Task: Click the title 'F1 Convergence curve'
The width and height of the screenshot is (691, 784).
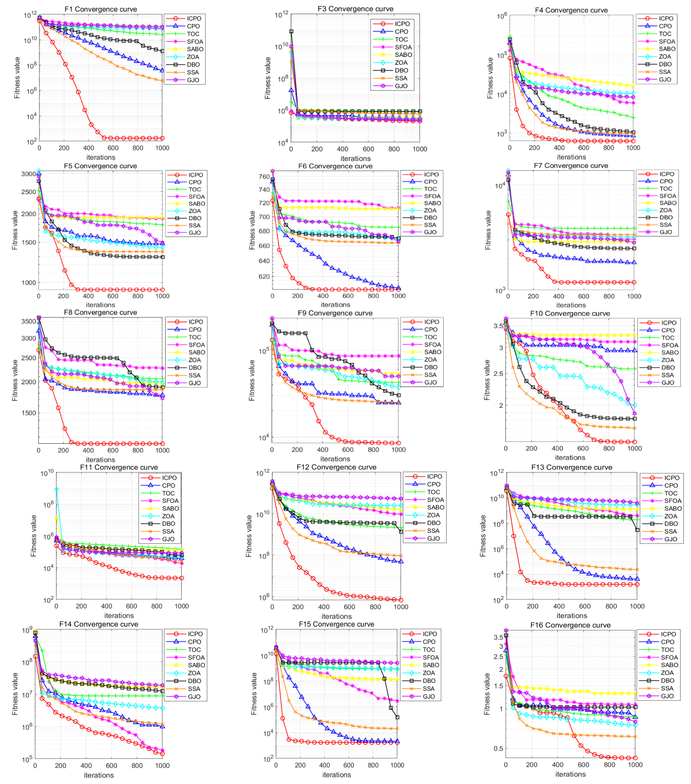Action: (x=100, y=9)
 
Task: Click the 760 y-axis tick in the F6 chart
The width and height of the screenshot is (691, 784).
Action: (x=264, y=177)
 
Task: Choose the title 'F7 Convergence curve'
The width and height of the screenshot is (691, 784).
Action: (x=571, y=166)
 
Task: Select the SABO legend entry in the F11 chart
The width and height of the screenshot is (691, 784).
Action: (x=160, y=508)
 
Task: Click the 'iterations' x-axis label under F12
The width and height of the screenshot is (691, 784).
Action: (x=336, y=616)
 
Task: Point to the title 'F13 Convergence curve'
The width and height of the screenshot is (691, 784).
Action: (x=572, y=467)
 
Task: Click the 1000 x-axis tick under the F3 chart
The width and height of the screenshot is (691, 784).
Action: (x=420, y=149)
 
